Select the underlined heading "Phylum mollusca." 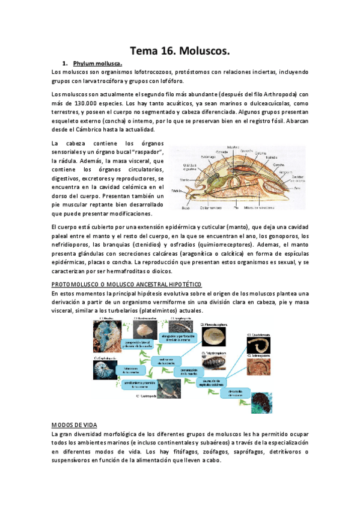tap(97, 63)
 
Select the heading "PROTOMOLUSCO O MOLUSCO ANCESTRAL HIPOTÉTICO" tap(127, 284)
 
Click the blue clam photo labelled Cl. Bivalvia tap(108, 334)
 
